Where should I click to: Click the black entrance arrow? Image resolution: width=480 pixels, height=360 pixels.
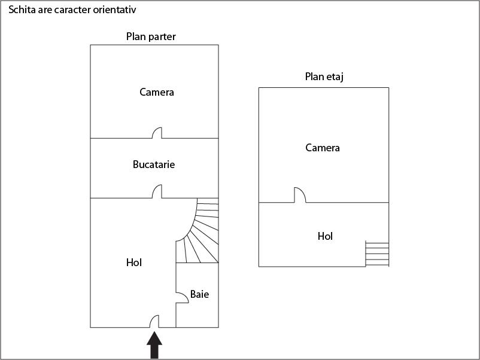pos(154,346)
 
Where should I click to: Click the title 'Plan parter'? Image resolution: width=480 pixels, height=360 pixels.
pos(151,36)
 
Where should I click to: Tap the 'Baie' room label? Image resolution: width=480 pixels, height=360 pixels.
pos(199,294)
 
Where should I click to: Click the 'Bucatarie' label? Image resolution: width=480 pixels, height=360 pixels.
pos(154,164)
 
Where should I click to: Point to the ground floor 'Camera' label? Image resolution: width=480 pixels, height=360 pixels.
pos(157,92)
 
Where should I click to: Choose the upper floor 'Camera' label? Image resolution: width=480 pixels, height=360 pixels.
pos(323,148)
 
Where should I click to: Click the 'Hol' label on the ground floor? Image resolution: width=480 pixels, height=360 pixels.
pos(134,262)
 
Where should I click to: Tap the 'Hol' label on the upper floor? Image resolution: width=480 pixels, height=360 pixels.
pos(325,236)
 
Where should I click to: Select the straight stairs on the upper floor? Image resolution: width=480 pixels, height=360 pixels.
pos(377,254)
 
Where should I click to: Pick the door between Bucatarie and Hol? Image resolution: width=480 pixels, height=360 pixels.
pos(157,192)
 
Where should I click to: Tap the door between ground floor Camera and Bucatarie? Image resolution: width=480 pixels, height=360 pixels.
pos(157,133)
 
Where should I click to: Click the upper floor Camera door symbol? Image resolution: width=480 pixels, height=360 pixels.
pos(299,196)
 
